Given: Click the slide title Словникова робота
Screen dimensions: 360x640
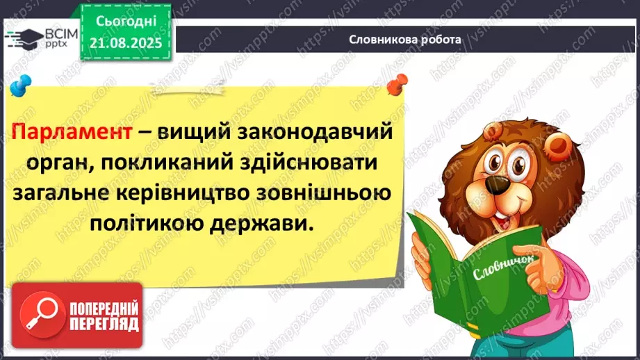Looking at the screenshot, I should click(x=404, y=40).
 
